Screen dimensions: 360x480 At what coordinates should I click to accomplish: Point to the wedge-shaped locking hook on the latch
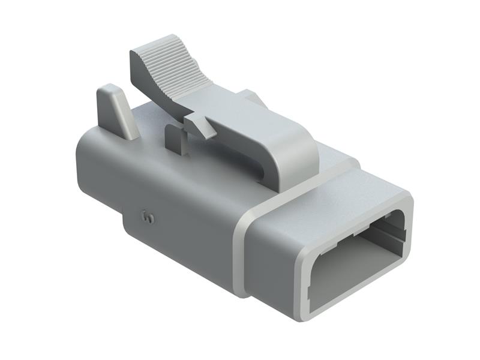[x=200, y=126]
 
